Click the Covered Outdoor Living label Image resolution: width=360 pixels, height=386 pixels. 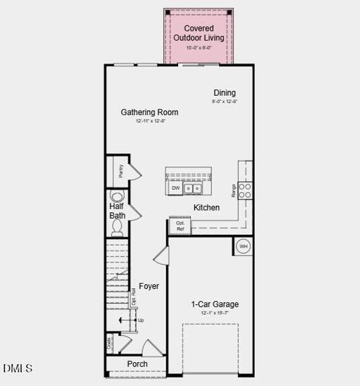[x=199, y=33]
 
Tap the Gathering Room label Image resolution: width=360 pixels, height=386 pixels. [x=150, y=112]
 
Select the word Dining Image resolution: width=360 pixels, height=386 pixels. [x=224, y=93]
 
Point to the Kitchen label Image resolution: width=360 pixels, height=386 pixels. [x=206, y=208]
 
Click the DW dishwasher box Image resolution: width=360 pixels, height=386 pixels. [x=175, y=188]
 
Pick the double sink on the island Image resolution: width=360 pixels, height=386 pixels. [x=193, y=188]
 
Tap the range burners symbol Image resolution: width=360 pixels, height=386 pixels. [x=245, y=190]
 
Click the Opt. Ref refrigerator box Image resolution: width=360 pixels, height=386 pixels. [x=180, y=226]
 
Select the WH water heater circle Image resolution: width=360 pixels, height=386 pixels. [x=244, y=246]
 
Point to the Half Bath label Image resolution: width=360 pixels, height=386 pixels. [x=117, y=211]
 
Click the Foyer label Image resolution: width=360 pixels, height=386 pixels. [x=149, y=286]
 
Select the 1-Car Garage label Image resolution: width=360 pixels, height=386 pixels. [x=215, y=304]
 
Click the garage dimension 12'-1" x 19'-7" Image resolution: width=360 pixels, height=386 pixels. [x=215, y=313]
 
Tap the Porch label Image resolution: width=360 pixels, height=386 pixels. [x=137, y=364]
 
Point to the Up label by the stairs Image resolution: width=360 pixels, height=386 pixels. [x=140, y=320]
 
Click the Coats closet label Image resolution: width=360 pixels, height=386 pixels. [x=110, y=343]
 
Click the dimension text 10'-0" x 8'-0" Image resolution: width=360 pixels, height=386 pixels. [x=199, y=48]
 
